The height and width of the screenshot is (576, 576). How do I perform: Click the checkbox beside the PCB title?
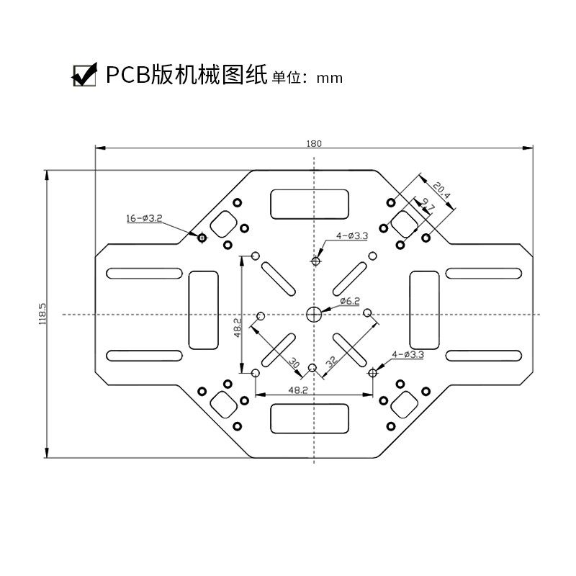click(85, 75)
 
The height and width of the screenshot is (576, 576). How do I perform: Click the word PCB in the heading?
click(128, 75)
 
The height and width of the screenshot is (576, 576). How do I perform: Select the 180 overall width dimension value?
click(314, 143)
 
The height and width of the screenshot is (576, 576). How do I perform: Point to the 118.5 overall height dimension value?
click(42, 314)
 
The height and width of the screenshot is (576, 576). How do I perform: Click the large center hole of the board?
click(314, 314)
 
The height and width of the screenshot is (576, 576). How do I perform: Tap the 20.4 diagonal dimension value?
click(441, 189)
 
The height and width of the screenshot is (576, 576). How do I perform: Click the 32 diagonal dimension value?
click(330, 361)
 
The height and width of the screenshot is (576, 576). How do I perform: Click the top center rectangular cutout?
click(311, 203)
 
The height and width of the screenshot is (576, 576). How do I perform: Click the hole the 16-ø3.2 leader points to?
click(202, 237)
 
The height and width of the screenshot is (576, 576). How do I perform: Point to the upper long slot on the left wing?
click(144, 274)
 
